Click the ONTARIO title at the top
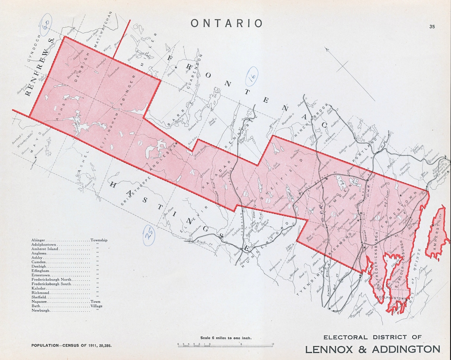pos(226,23)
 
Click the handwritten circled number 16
pos(252,76)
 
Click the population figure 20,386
pos(103,345)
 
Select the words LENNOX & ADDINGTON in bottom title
pos(372,349)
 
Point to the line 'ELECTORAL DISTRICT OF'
pos(372,337)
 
